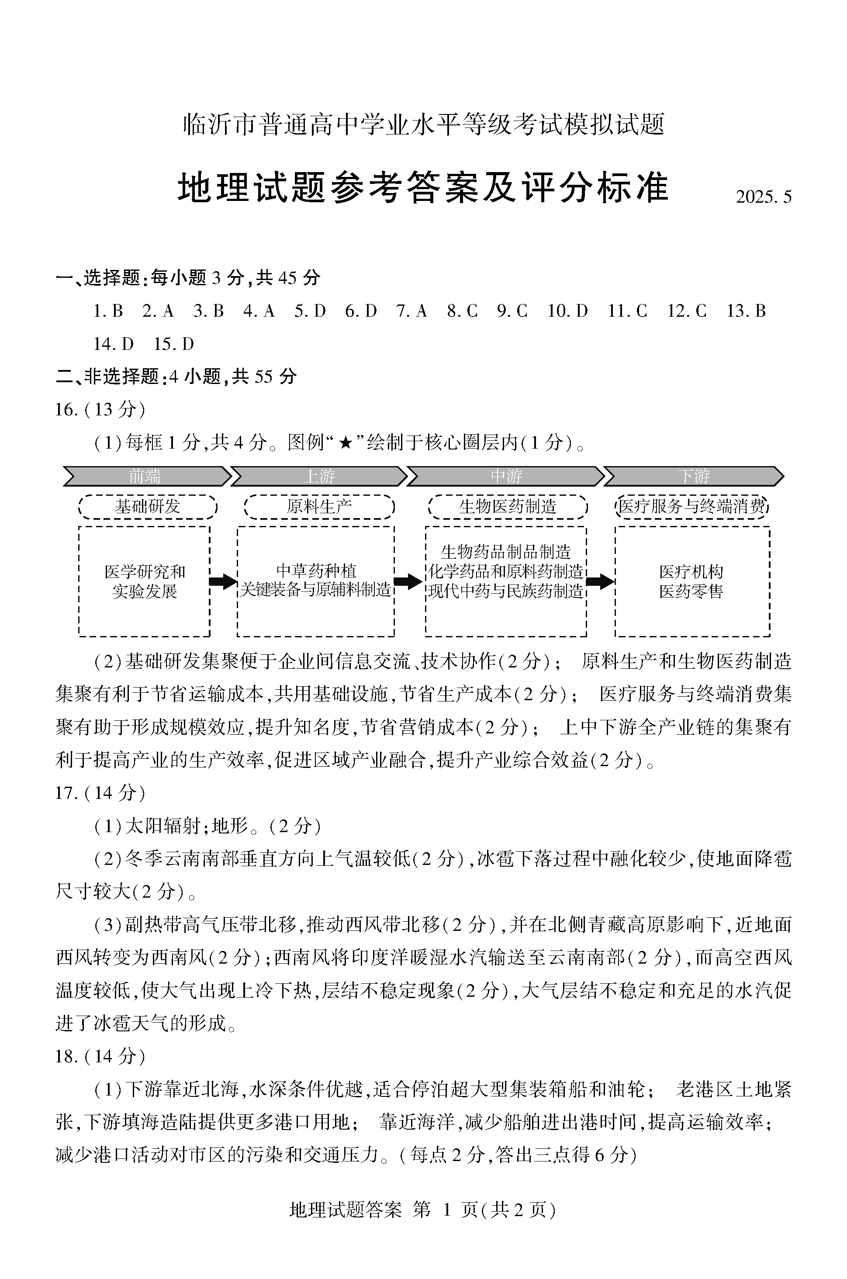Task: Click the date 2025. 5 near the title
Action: point(763,197)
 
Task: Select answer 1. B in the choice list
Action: point(108,311)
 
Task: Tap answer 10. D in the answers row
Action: point(567,311)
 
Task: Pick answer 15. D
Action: point(173,344)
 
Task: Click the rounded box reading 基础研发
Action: point(148,507)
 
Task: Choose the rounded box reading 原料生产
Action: point(319,507)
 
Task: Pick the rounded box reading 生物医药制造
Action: point(507,507)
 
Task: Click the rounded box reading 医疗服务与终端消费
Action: point(692,507)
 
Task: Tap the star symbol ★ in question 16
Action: point(345,444)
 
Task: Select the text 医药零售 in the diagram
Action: point(691,592)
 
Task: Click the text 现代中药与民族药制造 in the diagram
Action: point(505,592)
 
